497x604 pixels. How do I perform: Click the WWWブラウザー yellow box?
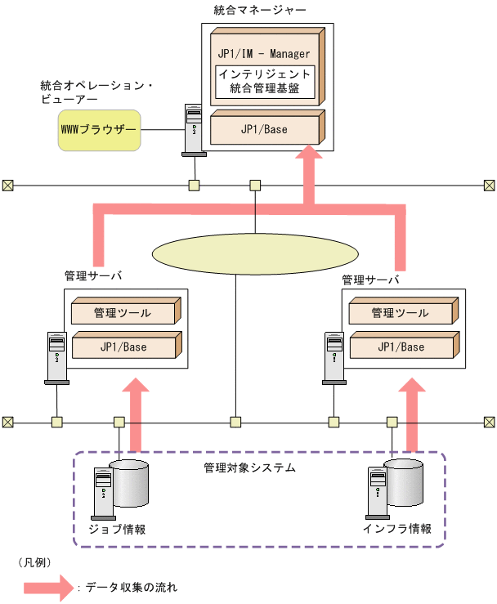coord(98,131)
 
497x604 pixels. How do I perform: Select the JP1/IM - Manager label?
coord(264,53)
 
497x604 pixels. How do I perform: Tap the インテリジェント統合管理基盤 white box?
coord(264,82)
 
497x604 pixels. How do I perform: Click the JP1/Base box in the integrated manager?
coord(264,129)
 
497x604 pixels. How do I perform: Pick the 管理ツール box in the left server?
coord(123,312)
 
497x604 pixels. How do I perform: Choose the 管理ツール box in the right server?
coord(400,312)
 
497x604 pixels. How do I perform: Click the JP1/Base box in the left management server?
coord(123,347)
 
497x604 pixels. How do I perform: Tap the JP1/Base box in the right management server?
coord(400,347)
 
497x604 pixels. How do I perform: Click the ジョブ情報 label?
coord(119,529)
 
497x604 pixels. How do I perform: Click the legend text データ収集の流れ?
coord(131,588)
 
